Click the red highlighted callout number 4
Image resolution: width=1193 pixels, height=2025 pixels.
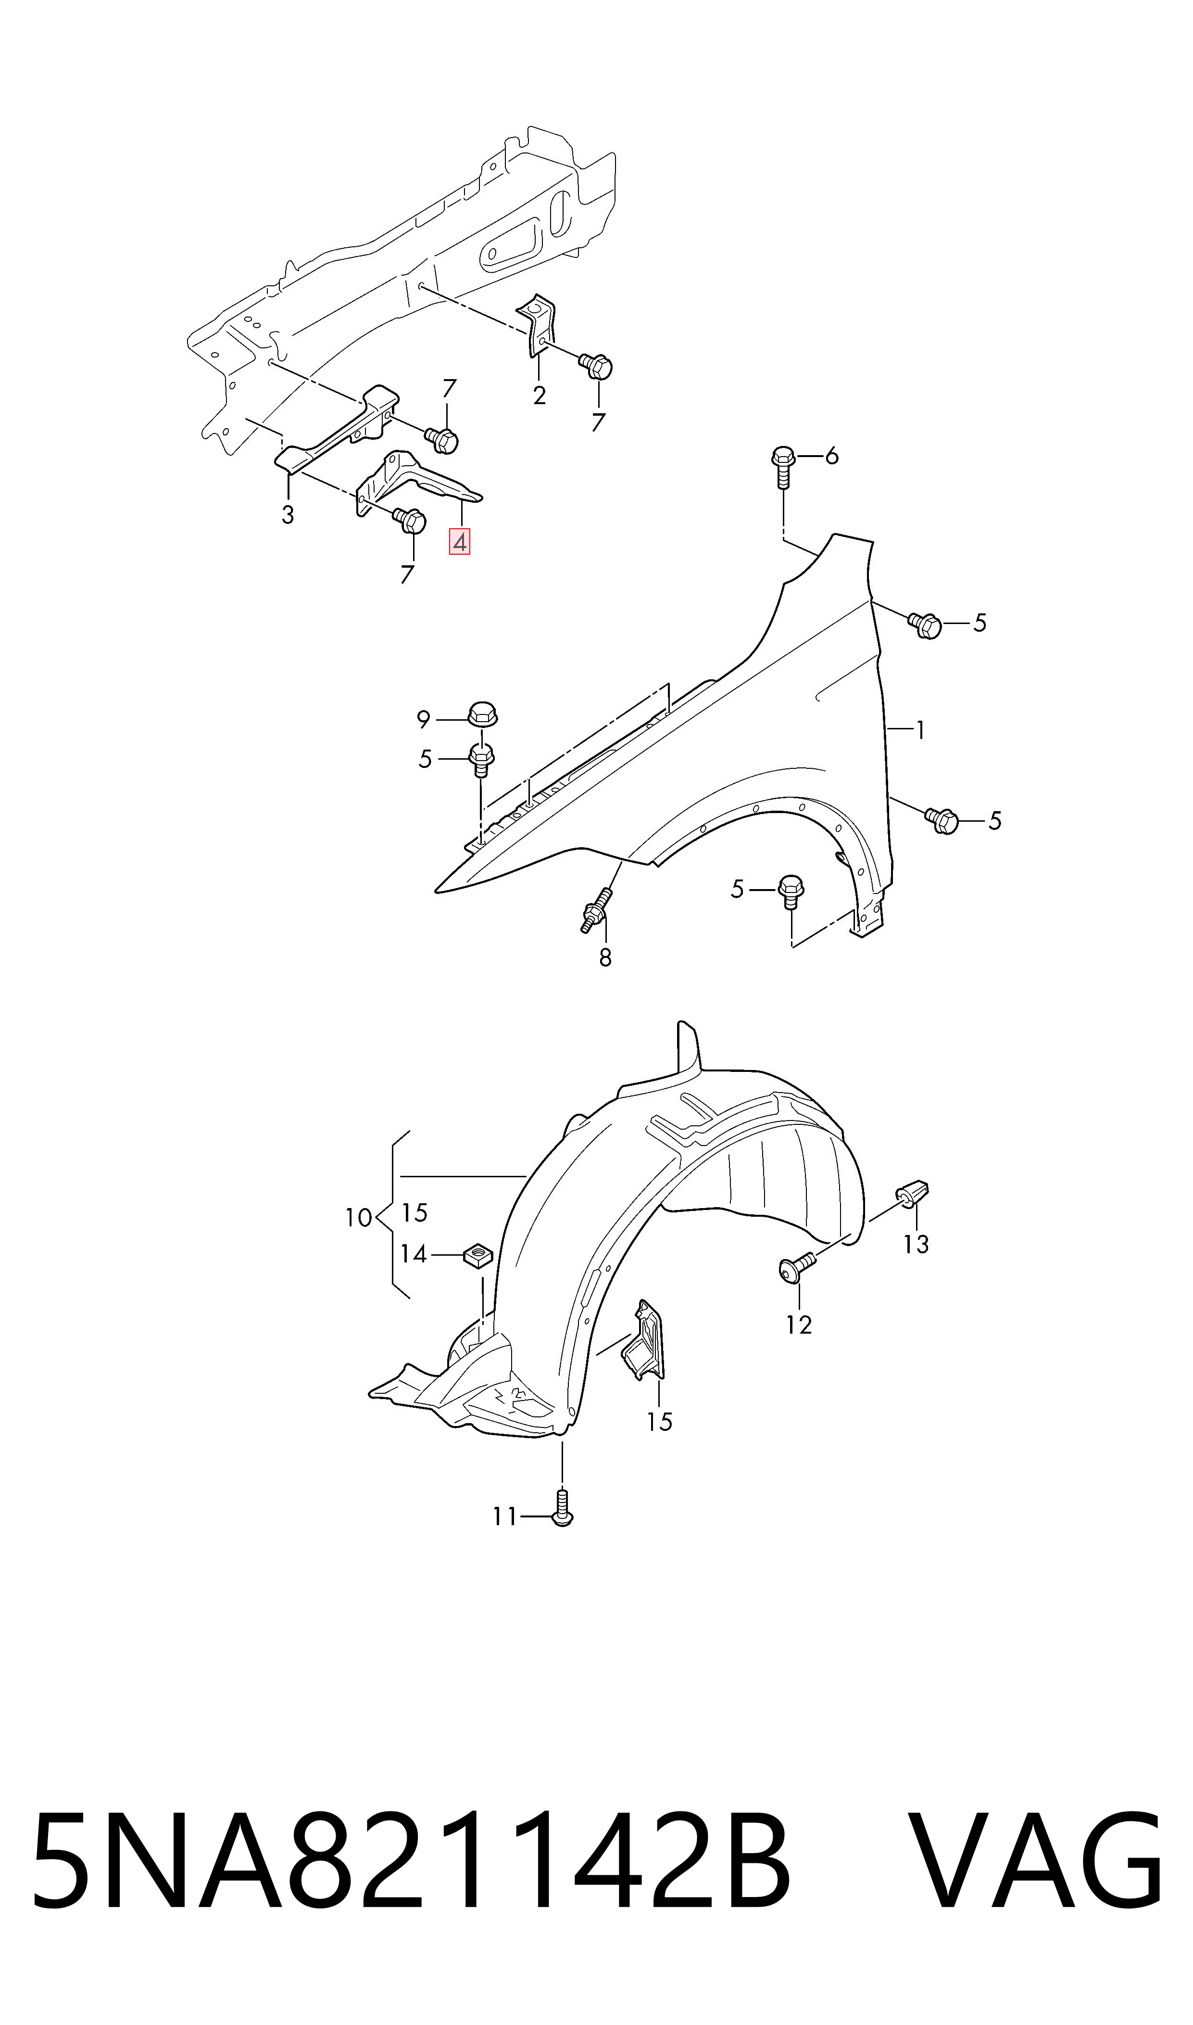460,543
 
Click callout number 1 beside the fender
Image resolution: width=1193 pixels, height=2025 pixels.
920,730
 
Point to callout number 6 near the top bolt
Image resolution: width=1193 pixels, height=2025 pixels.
832,457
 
